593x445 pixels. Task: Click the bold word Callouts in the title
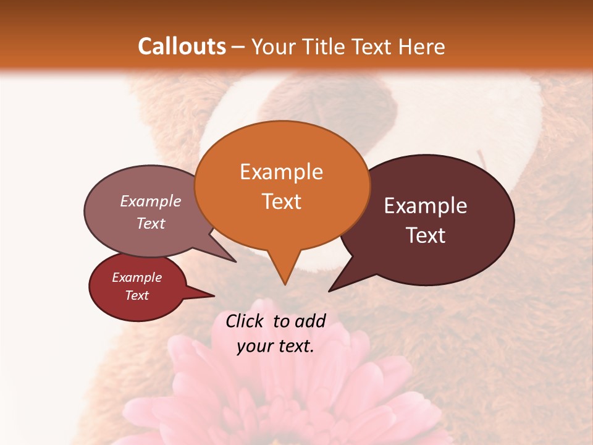pyautogui.click(x=182, y=46)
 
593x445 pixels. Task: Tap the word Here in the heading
pyautogui.click(x=420, y=46)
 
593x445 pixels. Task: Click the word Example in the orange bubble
pyautogui.click(x=281, y=172)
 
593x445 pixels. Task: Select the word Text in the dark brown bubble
pyautogui.click(x=426, y=235)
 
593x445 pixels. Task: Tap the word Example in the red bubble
pyautogui.click(x=137, y=278)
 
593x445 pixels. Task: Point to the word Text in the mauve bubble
pyautogui.click(x=151, y=224)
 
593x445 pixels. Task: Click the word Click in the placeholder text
pyautogui.click(x=246, y=321)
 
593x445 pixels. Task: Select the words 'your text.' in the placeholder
pyautogui.click(x=275, y=347)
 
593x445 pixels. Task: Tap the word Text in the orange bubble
pyautogui.click(x=282, y=201)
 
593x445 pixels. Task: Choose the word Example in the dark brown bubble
pyautogui.click(x=426, y=206)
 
